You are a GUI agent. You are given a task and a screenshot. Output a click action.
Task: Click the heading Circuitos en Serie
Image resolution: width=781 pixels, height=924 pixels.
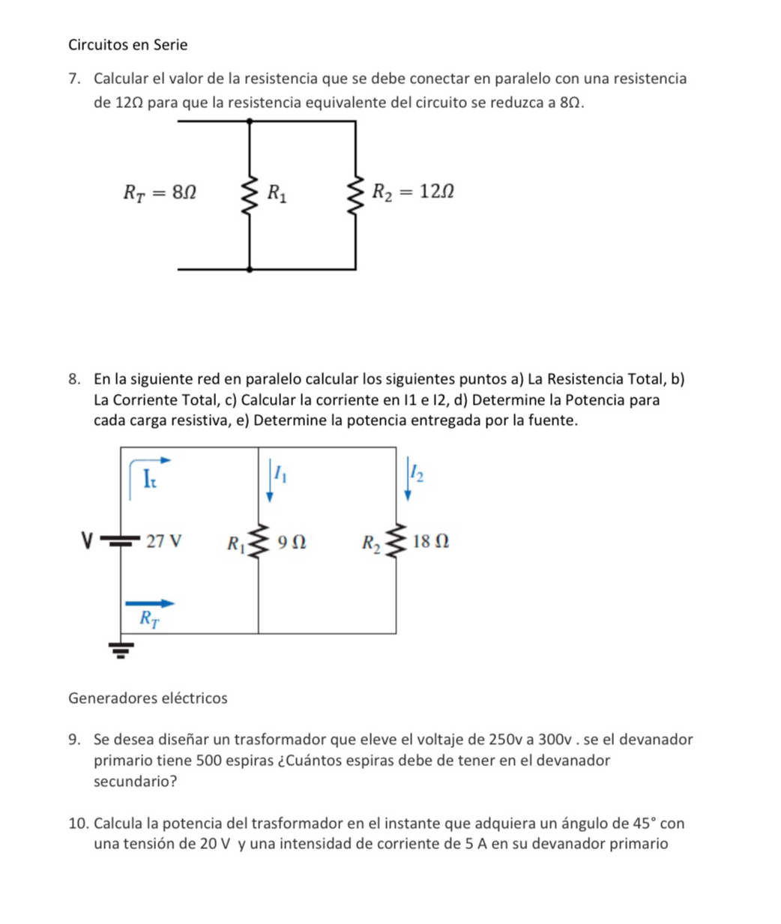(x=127, y=45)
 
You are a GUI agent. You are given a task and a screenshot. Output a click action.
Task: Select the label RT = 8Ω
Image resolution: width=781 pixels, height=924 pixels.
(x=160, y=193)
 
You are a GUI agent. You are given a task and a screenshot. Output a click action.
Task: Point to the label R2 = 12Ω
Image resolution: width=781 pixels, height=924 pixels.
(x=414, y=193)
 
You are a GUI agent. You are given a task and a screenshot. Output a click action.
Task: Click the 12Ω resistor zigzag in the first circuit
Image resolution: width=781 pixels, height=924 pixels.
(x=355, y=195)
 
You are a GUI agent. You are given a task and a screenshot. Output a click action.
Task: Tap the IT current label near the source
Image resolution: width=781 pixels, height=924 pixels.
(x=150, y=477)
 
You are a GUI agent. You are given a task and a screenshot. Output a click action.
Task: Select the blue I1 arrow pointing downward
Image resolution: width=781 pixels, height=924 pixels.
(x=270, y=483)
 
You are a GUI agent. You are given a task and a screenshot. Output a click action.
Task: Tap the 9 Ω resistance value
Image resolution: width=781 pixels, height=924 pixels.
(x=291, y=541)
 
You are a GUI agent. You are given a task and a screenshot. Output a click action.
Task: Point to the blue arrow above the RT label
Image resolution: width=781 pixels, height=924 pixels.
(x=150, y=603)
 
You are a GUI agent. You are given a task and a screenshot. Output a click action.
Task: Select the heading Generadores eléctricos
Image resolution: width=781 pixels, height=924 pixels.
(x=148, y=698)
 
